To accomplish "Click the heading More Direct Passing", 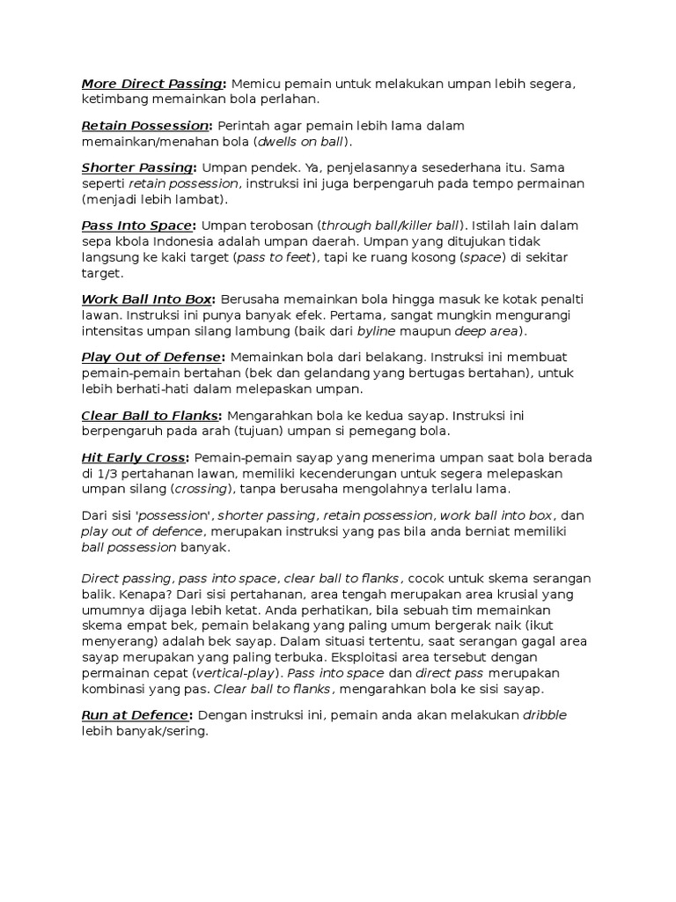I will tap(151, 84).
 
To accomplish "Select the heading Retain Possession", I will tap(146, 126).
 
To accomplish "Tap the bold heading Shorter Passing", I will tap(137, 167).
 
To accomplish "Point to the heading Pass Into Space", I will tap(136, 225).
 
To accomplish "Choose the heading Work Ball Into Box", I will tap(147, 299).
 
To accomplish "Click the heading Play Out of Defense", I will tap(151, 357).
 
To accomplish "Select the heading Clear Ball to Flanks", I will tap(151, 416).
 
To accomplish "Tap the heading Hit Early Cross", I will tap(133, 458).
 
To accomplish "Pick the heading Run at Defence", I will tap(134, 714).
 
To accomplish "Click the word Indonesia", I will tap(189, 241).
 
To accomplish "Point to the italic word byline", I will tap(376, 330).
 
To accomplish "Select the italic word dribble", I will tap(545, 714).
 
